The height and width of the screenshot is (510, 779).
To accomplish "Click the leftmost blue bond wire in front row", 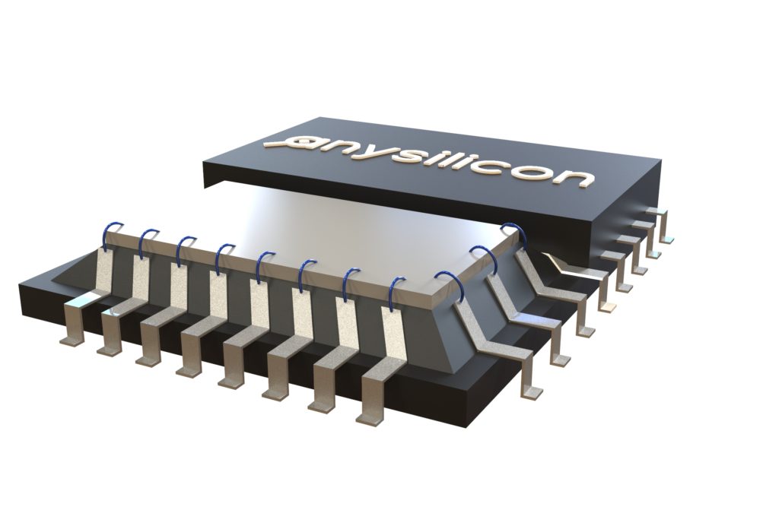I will pyautogui.click(x=113, y=233).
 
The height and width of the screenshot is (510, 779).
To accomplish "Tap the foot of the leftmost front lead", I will pyautogui.click(x=73, y=337).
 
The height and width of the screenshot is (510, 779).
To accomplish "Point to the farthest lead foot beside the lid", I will pyautogui.click(x=666, y=236).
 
